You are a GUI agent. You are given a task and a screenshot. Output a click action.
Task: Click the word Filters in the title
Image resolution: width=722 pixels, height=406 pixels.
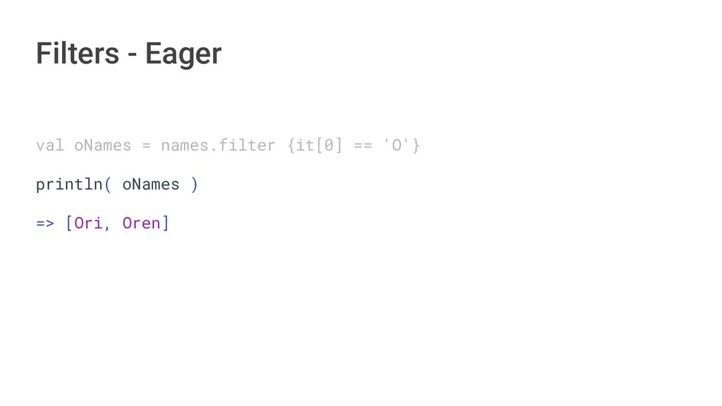(77, 54)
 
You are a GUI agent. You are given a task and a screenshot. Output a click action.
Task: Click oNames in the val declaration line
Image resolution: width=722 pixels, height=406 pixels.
(103, 146)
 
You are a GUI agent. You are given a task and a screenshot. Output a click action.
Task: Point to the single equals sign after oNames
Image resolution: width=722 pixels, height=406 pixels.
(146, 146)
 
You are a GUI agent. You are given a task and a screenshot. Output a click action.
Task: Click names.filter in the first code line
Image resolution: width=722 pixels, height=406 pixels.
(218, 146)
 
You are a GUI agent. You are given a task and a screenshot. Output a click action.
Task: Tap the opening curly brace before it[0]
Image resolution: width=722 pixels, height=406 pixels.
(291, 146)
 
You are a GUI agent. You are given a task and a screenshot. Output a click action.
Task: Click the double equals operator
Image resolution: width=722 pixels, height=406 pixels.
(362, 146)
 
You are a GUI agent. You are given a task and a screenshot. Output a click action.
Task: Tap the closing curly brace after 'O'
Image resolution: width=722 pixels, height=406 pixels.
(416, 146)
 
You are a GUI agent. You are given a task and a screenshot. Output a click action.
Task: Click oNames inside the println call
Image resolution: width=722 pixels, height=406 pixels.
(151, 185)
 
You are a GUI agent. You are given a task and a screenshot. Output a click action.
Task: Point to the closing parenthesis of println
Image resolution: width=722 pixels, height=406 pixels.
(195, 185)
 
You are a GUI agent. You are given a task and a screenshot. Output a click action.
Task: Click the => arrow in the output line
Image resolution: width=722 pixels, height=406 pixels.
(45, 223)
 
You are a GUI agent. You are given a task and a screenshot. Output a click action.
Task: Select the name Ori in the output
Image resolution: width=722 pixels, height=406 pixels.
(88, 223)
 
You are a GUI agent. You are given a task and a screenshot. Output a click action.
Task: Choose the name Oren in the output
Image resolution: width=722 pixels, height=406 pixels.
(141, 223)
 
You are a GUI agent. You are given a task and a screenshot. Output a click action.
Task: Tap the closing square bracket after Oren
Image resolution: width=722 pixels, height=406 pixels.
(166, 223)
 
